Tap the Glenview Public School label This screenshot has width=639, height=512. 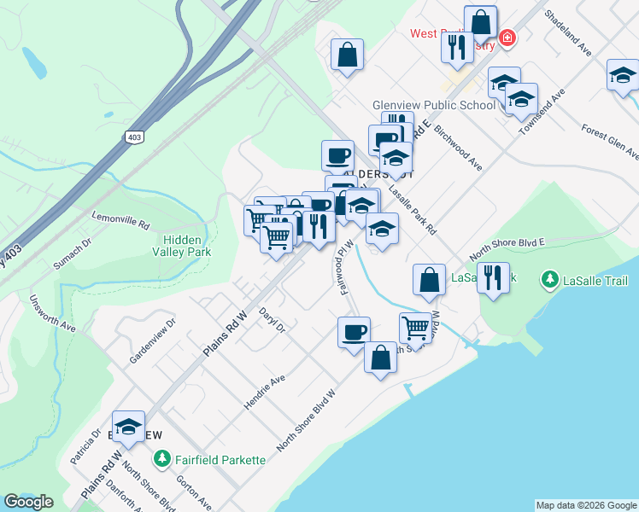point(433,105)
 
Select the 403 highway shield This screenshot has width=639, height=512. point(133,137)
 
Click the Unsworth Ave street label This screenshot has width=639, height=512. point(53,313)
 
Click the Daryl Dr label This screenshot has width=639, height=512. point(272,320)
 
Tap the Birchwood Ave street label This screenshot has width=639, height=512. point(459,149)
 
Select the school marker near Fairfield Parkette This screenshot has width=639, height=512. point(128,427)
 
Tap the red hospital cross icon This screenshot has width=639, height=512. point(507,38)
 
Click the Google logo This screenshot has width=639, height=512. point(28,502)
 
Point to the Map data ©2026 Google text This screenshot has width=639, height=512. point(585,505)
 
